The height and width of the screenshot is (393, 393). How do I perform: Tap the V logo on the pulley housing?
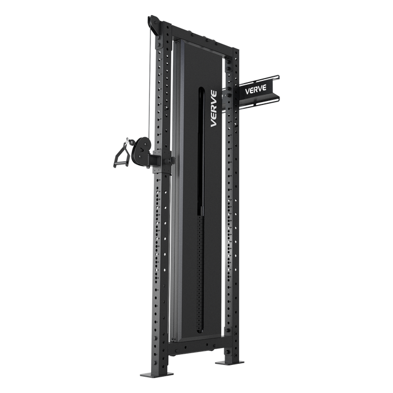point(142,150)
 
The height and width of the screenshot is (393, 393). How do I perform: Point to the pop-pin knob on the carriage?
point(172,159)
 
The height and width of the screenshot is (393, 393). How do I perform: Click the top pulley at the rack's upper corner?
point(153,25)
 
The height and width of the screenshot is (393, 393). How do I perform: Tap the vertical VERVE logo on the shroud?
point(214,109)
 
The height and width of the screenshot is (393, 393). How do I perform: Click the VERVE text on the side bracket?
point(255,90)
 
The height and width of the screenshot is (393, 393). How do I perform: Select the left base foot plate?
point(157,374)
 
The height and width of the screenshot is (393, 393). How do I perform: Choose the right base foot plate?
point(229,363)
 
